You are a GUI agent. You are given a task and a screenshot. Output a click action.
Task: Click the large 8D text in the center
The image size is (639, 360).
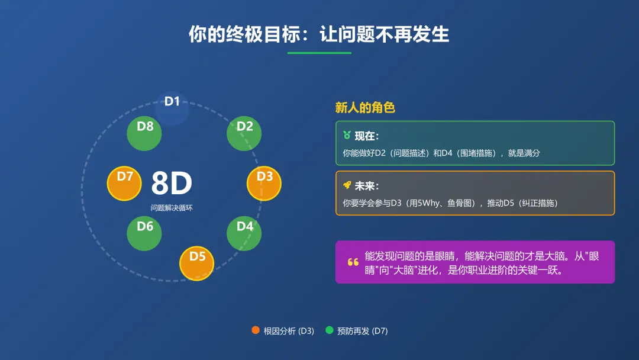tap(172, 184)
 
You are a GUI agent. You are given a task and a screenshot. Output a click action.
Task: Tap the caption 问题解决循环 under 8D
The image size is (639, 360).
tap(172, 208)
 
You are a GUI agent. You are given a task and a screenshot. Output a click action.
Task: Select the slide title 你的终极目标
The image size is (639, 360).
tap(319, 34)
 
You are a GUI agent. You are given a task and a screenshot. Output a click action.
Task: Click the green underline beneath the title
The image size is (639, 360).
tap(319, 53)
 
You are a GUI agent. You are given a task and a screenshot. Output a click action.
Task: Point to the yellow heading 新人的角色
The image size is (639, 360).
tap(365, 108)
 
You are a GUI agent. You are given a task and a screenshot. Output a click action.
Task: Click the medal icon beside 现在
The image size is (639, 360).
tap(347, 136)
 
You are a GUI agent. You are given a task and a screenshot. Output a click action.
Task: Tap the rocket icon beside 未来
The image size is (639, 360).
tap(347, 185)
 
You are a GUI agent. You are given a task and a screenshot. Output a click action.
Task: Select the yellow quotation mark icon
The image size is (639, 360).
tap(353, 262)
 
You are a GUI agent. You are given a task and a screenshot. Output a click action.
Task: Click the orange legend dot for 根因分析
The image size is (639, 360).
tap(256, 330)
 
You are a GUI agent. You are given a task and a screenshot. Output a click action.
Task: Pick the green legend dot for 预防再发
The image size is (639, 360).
tap(330, 330)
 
